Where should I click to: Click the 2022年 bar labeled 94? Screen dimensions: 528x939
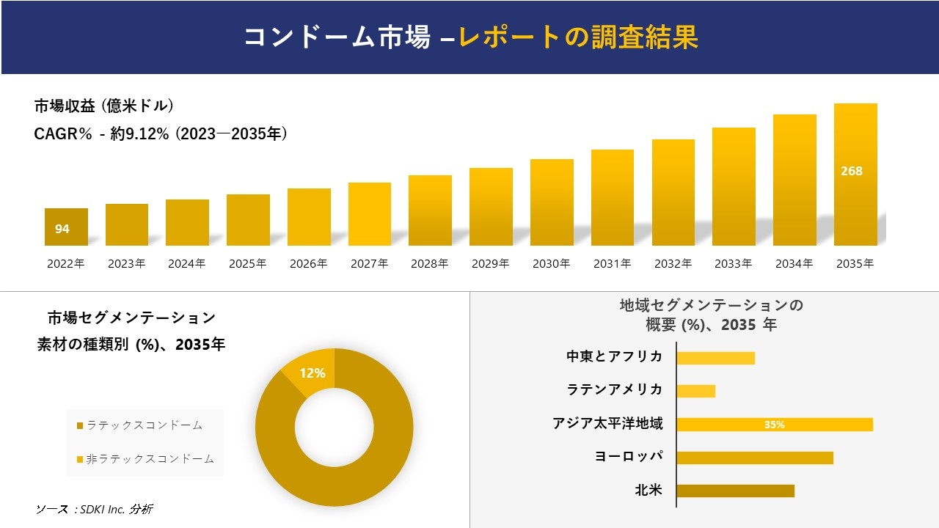66,227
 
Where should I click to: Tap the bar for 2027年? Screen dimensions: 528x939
370,214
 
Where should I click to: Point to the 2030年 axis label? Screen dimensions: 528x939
551,264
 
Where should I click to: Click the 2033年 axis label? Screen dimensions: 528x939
733,264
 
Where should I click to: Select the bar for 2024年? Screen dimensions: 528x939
187,223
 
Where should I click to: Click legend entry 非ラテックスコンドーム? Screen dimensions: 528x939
145,459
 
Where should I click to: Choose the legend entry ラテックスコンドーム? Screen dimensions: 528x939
139,425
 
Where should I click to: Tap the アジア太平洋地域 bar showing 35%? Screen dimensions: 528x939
774,425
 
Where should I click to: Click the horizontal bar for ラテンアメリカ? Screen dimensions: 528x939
695,391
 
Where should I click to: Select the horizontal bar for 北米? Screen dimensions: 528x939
735,491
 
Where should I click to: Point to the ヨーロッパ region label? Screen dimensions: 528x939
629,457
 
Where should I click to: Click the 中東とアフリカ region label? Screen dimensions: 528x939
614,357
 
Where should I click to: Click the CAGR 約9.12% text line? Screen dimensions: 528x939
160,134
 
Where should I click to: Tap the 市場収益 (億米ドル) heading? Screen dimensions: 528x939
103,106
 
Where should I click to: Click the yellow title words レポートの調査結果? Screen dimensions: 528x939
578,37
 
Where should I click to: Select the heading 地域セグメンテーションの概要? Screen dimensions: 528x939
711,315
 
